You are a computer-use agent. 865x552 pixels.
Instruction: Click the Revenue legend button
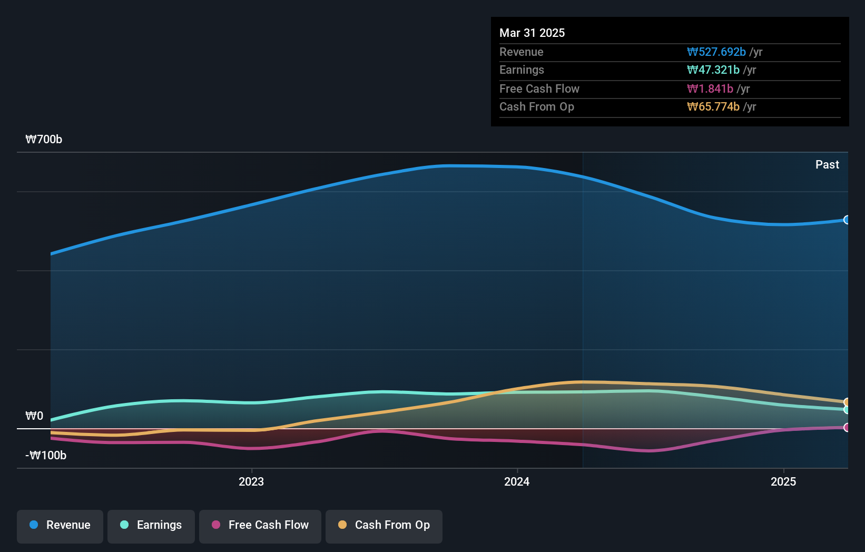(60, 526)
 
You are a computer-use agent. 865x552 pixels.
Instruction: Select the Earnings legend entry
(151, 526)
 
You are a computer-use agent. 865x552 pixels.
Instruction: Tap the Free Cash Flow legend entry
(260, 526)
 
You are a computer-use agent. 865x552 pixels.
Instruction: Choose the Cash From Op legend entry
(384, 526)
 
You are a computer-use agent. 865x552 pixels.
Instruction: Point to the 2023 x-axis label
(251, 482)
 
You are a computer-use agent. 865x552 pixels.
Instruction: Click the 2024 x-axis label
(517, 482)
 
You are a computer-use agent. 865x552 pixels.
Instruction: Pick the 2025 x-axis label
(783, 482)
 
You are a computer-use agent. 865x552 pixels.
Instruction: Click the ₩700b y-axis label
(44, 140)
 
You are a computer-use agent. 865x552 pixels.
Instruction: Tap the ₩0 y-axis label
(34, 416)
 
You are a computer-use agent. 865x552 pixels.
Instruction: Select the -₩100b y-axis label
(46, 456)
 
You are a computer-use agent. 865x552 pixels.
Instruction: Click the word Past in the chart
(827, 165)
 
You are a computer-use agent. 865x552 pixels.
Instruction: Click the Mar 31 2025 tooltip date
(532, 33)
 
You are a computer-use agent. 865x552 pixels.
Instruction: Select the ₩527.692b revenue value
(716, 52)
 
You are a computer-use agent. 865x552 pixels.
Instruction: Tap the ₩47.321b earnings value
(713, 70)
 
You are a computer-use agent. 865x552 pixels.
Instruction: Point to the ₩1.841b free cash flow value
(710, 89)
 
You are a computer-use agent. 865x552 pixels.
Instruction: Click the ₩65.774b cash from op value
(713, 107)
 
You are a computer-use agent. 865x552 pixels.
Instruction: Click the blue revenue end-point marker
(847, 220)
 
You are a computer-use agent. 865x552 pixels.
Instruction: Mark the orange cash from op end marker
(847, 402)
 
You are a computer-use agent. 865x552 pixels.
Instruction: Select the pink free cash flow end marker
(847, 428)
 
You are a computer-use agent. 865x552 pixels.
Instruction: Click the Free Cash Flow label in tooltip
(539, 89)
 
